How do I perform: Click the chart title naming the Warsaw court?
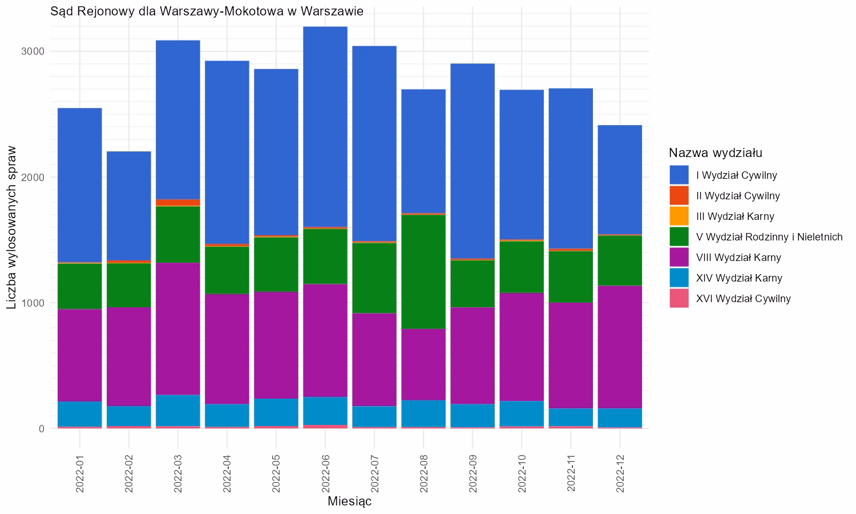[x=207, y=11]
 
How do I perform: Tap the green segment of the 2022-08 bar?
[x=423, y=271]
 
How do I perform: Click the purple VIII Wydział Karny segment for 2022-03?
[x=178, y=328]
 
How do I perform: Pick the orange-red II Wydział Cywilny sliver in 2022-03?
[x=178, y=203]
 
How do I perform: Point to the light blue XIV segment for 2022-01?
[x=80, y=414]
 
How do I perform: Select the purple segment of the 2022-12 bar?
[x=620, y=347]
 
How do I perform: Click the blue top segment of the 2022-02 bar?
[x=129, y=206]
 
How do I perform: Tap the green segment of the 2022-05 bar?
[x=276, y=264]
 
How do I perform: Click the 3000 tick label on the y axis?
[x=33, y=51]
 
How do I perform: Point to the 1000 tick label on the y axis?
[x=33, y=303]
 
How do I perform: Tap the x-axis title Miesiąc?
[x=349, y=501]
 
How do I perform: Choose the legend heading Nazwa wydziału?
[x=716, y=153]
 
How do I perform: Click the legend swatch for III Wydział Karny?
[x=679, y=216]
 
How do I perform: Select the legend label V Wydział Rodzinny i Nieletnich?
[x=769, y=237]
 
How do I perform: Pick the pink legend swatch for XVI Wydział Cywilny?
[x=679, y=299]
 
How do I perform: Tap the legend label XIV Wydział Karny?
[x=739, y=278]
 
